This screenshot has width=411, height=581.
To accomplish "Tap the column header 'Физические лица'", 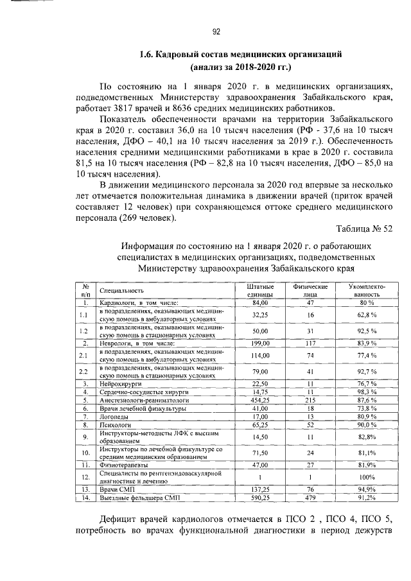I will click(310, 290).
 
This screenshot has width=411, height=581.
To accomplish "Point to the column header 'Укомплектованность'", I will click(367, 290).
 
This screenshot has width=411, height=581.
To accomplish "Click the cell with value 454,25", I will click(259, 400).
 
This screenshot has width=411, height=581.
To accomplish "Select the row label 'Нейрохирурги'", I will click(119, 383).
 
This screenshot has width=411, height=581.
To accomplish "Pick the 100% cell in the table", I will click(367, 477).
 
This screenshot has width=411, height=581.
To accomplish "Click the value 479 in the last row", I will click(310, 498).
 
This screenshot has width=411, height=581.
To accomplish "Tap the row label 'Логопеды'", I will click(113, 416).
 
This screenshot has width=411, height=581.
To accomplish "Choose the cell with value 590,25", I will click(259, 498).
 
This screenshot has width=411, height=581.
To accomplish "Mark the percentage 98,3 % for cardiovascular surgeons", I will click(367, 392).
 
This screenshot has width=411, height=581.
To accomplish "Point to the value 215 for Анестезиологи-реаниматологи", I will click(310, 400).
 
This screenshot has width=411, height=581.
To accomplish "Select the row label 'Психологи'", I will click(114, 424).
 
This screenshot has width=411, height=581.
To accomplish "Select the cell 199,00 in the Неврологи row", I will click(259, 344).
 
